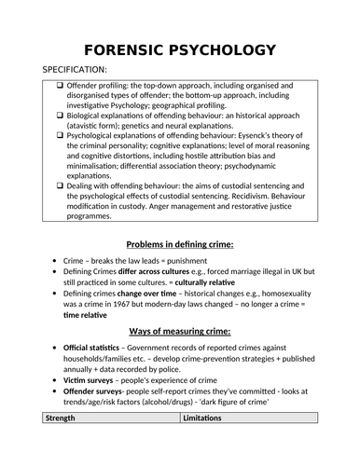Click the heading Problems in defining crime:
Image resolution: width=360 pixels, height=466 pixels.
coord(179,244)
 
